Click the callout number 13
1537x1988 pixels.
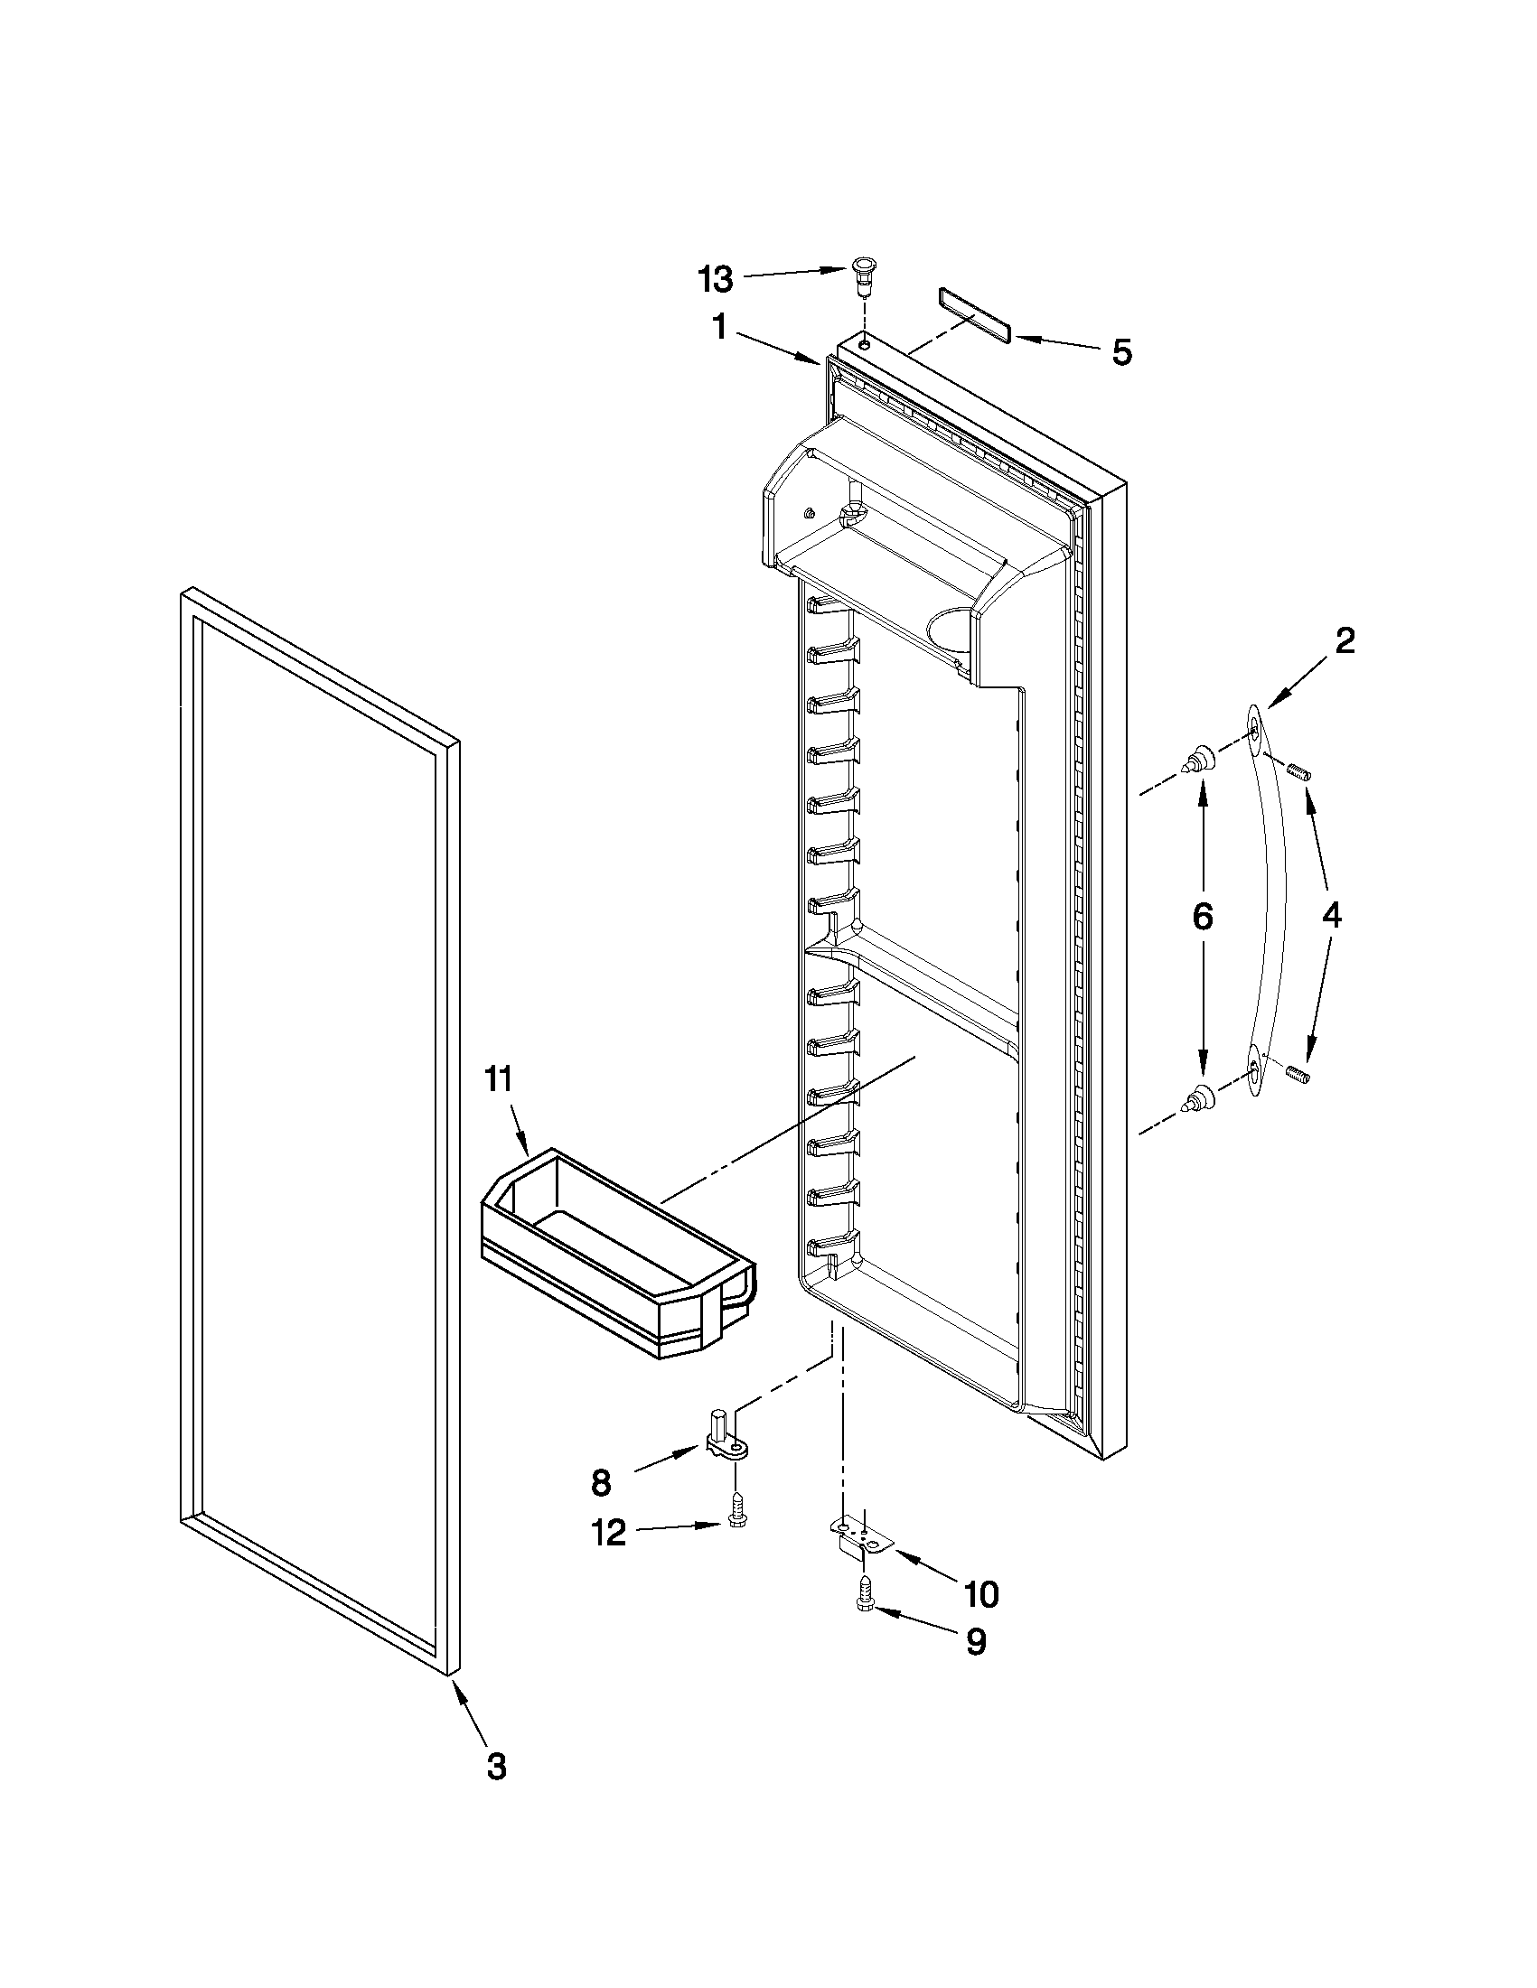pyautogui.click(x=716, y=279)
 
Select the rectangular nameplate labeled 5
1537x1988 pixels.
pyautogui.click(x=973, y=315)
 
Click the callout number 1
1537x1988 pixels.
pyautogui.click(x=719, y=327)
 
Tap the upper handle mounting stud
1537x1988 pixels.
pyautogui.click(x=1198, y=758)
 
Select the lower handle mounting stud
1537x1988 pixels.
pyautogui.click(x=1198, y=1099)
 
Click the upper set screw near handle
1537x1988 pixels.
pyautogui.click(x=1299, y=773)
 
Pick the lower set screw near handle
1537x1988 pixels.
pyautogui.click(x=1299, y=1074)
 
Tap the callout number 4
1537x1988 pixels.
pyautogui.click(x=1331, y=915)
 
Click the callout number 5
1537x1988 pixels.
pyautogui.click(x=1121, y=352)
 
